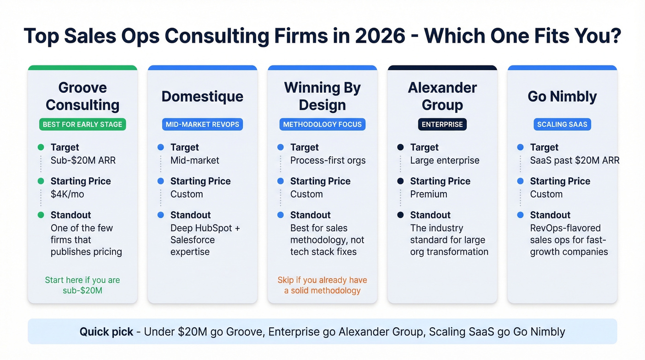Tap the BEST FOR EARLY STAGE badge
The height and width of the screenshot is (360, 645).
point(82,124)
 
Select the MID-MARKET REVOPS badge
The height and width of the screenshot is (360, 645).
point(202,124)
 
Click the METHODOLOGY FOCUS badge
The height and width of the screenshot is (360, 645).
point(322,124)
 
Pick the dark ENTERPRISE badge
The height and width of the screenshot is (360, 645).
point(442,124)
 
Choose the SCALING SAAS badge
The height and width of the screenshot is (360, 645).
point(562,124)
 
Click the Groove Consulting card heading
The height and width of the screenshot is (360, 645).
point(82,96)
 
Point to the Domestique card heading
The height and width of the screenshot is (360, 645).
point(202,96)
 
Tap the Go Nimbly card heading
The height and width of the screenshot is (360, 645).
point(562,96)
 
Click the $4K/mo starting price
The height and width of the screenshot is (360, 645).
point(67,194)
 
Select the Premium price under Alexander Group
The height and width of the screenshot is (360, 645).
point(428,194)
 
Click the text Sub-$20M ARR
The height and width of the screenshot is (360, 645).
point(83,160)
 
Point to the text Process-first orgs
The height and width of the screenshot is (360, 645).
point(328,160)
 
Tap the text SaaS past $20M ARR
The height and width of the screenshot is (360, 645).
point(575,160)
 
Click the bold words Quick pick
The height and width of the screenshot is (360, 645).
point(106,332)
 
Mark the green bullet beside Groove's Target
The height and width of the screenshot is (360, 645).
point(41,148)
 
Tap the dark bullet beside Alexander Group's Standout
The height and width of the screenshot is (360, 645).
point(400,215)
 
